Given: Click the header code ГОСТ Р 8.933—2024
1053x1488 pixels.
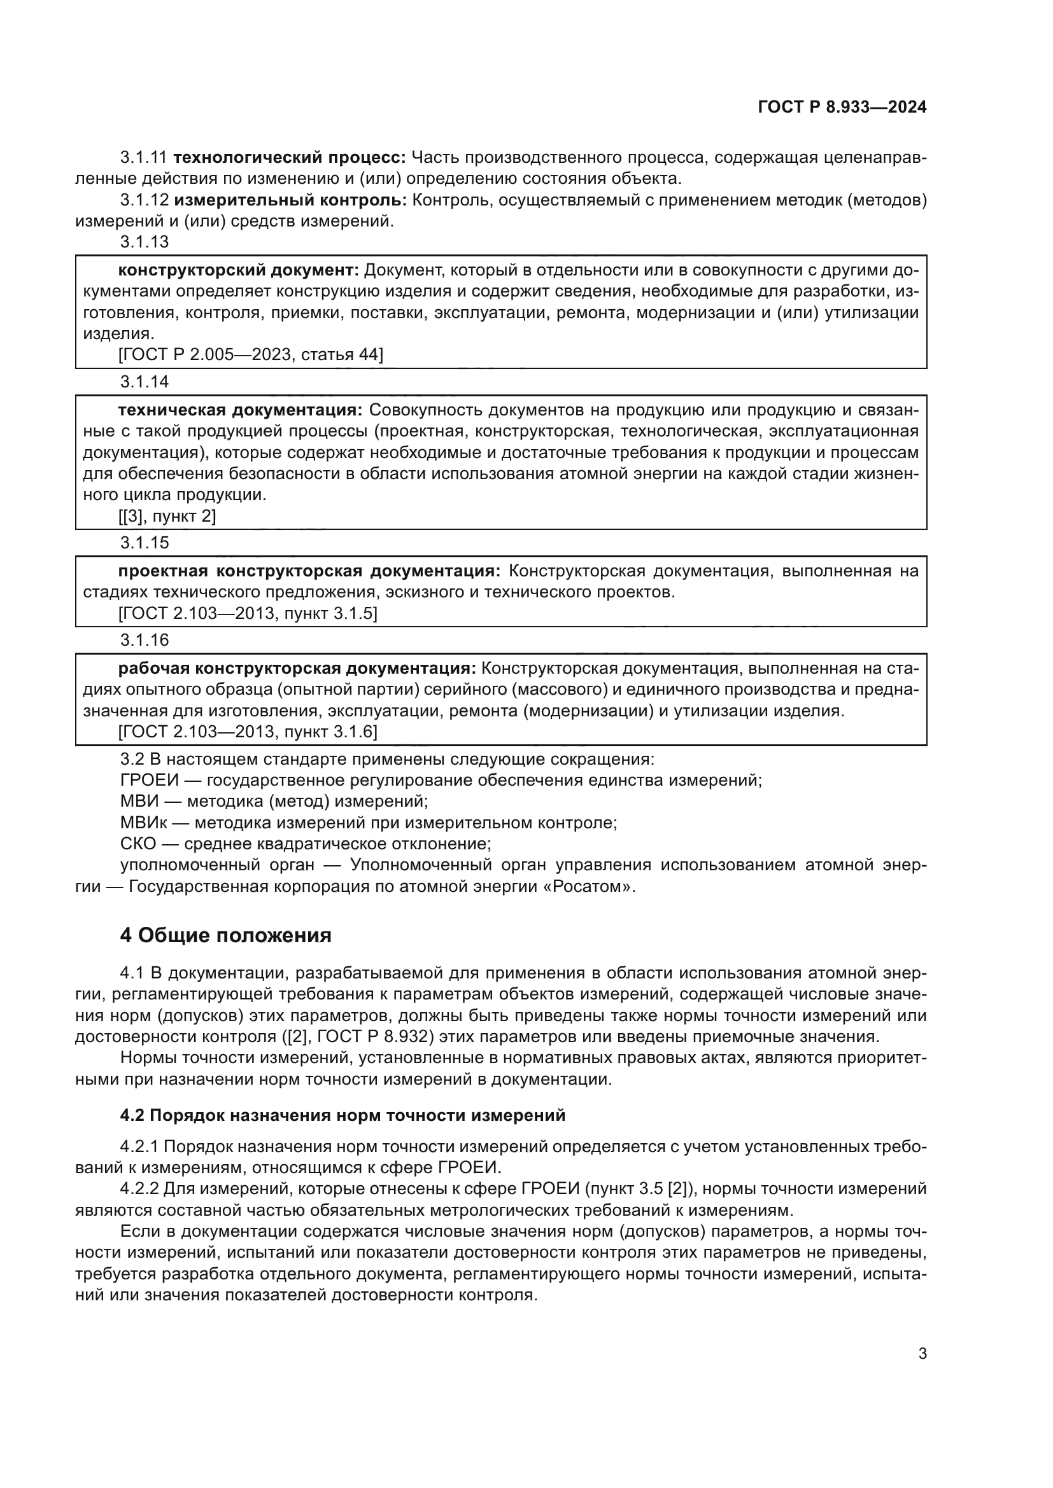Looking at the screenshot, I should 842,108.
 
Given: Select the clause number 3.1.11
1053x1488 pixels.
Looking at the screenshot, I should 143,158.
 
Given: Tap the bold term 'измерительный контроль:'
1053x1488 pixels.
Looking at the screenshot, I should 290,200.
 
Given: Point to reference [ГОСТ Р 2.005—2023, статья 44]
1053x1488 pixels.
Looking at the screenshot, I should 250,354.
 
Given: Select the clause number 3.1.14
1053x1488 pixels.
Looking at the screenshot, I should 144,382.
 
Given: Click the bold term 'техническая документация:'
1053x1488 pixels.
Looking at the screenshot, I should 240,410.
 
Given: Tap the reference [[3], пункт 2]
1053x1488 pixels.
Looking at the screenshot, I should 167,516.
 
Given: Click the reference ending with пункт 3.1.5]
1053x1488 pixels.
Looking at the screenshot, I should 247,613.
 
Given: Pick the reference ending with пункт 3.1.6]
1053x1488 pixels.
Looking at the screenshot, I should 247,732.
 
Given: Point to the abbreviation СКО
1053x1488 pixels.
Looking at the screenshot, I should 138,844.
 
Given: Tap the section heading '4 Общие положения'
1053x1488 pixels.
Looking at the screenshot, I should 225,936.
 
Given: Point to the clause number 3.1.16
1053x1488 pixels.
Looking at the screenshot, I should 144,641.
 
